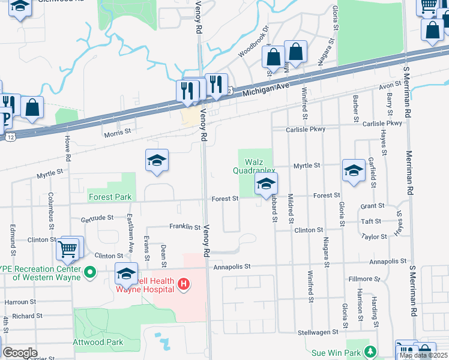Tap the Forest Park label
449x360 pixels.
110,197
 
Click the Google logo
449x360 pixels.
20,353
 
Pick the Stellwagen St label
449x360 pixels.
318,332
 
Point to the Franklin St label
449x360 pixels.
184,227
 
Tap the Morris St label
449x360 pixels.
118,132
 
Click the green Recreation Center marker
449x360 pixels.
90,273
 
